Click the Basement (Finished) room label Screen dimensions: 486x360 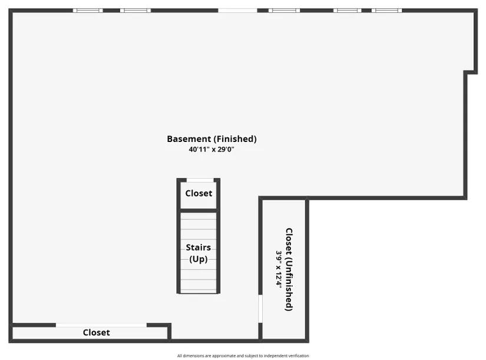[x=211, y=139]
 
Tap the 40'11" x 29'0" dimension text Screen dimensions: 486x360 [x=211, y=150]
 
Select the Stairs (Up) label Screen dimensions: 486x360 [x=199, y=253]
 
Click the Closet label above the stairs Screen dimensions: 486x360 [x=199, y=193]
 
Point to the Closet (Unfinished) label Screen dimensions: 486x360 [x=289, y=269]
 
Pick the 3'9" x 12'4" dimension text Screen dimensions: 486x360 [x=279, y=269]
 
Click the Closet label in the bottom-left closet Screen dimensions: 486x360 [x=97, y=332]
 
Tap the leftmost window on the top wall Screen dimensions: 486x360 [x=88, y=11]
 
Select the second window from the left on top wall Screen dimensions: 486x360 [x=135, y=11]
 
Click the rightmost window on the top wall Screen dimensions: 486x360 [x=387, y=11]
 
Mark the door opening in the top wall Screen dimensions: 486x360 [x=238, y=11]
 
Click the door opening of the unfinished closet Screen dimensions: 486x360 [x=260, y=309]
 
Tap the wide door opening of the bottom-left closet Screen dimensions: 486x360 [x=101, y=325]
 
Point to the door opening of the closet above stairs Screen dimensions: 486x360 [x=200, y=180]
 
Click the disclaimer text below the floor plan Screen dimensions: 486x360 [x=243, y=356]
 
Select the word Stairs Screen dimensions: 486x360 [x=199, y=247]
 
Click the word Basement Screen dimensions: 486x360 [x=189, y=139]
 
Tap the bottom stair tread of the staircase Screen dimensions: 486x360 [x=199, y=291]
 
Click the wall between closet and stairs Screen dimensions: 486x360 [x=199, y=211]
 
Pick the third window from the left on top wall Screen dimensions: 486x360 [x=284, y=11]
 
